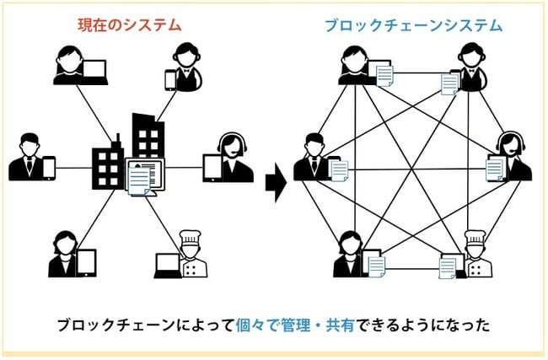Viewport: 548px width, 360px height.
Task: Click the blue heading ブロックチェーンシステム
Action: pyautogui.click(x=413, y=24)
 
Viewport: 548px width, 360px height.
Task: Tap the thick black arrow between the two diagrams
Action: pyautogui.click(x=273, y=180)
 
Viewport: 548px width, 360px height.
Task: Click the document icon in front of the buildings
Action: pyautogui.click(x=138, y=179)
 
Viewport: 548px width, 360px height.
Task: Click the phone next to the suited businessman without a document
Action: pyautogui.click(x=48, y=168)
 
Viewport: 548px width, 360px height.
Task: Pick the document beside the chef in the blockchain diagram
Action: pyautogui.click(x=449, y=266)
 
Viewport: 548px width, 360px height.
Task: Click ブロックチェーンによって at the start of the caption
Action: pyautogui.click(x=135, y=325)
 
